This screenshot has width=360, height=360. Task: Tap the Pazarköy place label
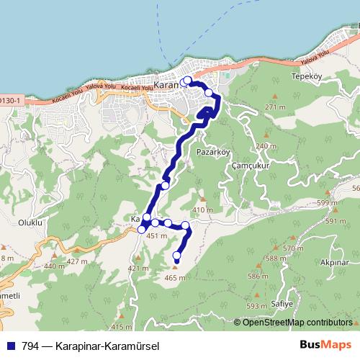(x=212, y=153)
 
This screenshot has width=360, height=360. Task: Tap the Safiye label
(x=282, y=305)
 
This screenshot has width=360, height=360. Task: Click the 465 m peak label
(x=175, y=278)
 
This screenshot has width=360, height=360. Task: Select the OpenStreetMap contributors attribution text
(x=297, y=323)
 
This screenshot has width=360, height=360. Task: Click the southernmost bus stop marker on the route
(x=177, y=255)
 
